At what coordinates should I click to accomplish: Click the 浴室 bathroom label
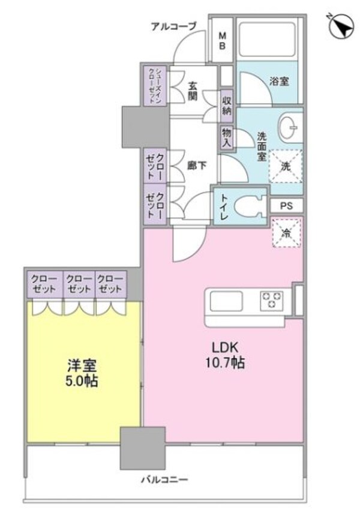pyautogui.click(x=278, y=80)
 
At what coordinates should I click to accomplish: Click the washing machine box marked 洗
pyautogui.click(x=286, y=166)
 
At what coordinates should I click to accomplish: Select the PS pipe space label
pyautogui.click(x=286, y=205)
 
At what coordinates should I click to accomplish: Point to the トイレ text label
pyautogui.click(x=223, y=208)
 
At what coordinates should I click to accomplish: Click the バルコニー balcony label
pyautogui.click(x=164, y=479)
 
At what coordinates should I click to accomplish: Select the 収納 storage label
pyautogui.click(x=226, y=104)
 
